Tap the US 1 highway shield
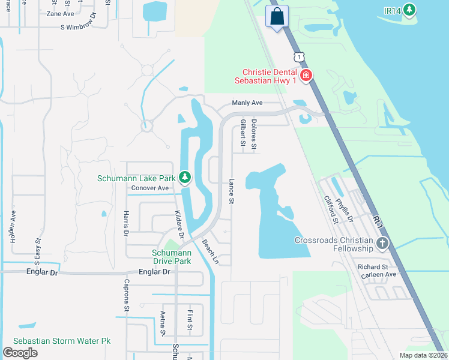pos(298,56)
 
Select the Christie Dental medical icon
pos(306,75)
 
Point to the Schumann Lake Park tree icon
pos(185,178)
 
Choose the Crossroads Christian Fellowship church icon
pos(382,243)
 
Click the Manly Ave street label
pos(248,103)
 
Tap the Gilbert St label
pos(243,132)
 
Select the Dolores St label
pos(254,134)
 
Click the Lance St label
pos(231,191)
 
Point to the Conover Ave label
pos(150,188)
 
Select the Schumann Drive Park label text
pos(171,257)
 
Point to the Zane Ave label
pos(60,13)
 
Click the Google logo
pos(20,352)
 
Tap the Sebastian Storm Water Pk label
pos(62,341)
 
